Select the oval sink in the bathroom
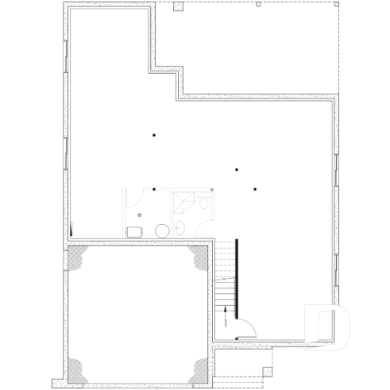coord(179,230)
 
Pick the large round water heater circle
coord(161,230)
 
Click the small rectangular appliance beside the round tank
coord(134,231)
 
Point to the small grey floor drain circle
coord(140,214)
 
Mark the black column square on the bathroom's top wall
coord(154,189)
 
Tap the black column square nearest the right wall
coord(255,189)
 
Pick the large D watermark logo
coord(326,326)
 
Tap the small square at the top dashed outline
coord(179,7)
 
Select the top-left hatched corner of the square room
coord(78,259)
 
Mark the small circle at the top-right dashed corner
coord(260,5)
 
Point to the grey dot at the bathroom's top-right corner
coord(212,189)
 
